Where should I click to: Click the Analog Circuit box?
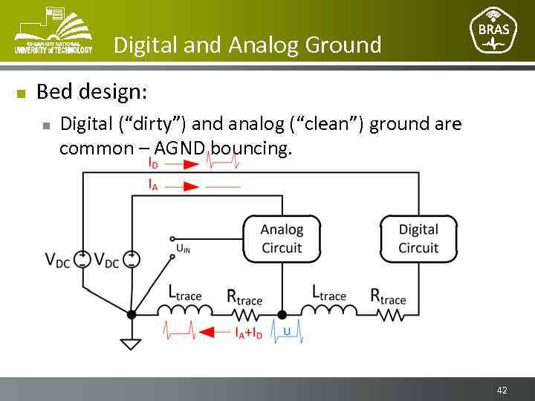pos(282,238)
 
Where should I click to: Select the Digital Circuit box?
pos(418,238)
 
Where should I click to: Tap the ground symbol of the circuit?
pos(132,344)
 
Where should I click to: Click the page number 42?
pos(502,390)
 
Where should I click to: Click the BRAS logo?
pos(494,31)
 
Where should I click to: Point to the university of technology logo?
pos(53,31)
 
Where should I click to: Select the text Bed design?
pos(91,92)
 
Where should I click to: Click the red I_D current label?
pos(153,162)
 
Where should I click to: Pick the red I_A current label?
pos(153,186)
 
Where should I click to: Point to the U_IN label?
pos(183,248)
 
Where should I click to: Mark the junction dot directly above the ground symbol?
pos(132,314)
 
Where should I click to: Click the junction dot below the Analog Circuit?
pos(282,314)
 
